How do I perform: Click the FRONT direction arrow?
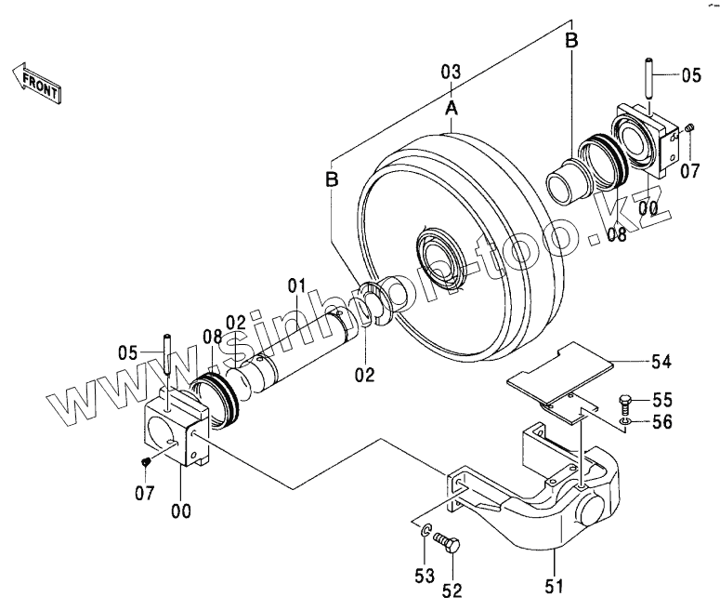coord(36,82)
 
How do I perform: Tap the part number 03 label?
coord(451,73)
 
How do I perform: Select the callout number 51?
coord(554,587)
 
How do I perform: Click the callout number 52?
coord(452,590)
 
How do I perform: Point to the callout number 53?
coord(425,576)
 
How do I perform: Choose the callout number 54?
coord(661,362)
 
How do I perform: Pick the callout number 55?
coord(662,400)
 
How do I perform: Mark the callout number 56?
coord(662,421)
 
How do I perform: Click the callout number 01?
coord(296,285)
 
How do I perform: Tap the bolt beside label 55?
coord(626,404)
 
